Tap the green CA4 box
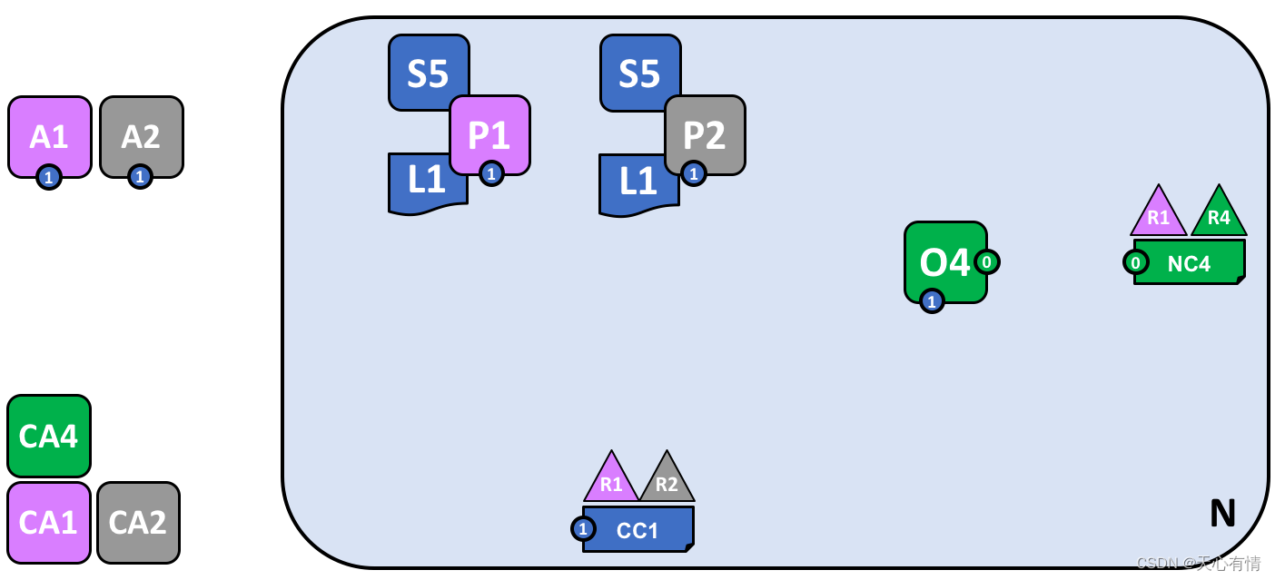[x=49, y=436]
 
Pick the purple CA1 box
[x=49, y=522]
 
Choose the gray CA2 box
[x=138, y=522]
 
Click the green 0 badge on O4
[x=987, y=262]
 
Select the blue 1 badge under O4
[x=932, y=300]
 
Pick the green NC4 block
[x=1190, y=263]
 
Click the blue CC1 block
[x=638, y=530]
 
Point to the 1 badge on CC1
[x=583, y=528]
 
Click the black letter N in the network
[x=1222, y=514]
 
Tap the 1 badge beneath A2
[x=140, y=176]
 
